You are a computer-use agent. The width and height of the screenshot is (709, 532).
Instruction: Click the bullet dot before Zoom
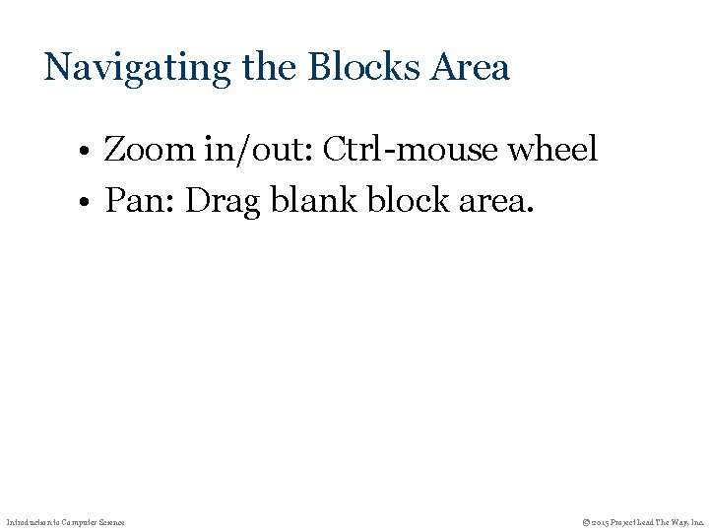pos(88,153)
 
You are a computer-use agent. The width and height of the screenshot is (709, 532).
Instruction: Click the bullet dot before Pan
pos(88,204)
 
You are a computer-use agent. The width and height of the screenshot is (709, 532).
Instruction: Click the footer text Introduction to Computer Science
pos(66,521)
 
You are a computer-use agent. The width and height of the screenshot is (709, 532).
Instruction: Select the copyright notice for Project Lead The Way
pos(643,521)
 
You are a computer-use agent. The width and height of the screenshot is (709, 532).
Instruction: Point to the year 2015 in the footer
pos(600,521)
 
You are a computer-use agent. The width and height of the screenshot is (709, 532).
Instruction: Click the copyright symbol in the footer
pos(586,521)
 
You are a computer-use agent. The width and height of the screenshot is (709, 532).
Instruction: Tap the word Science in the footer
pos(110,521)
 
